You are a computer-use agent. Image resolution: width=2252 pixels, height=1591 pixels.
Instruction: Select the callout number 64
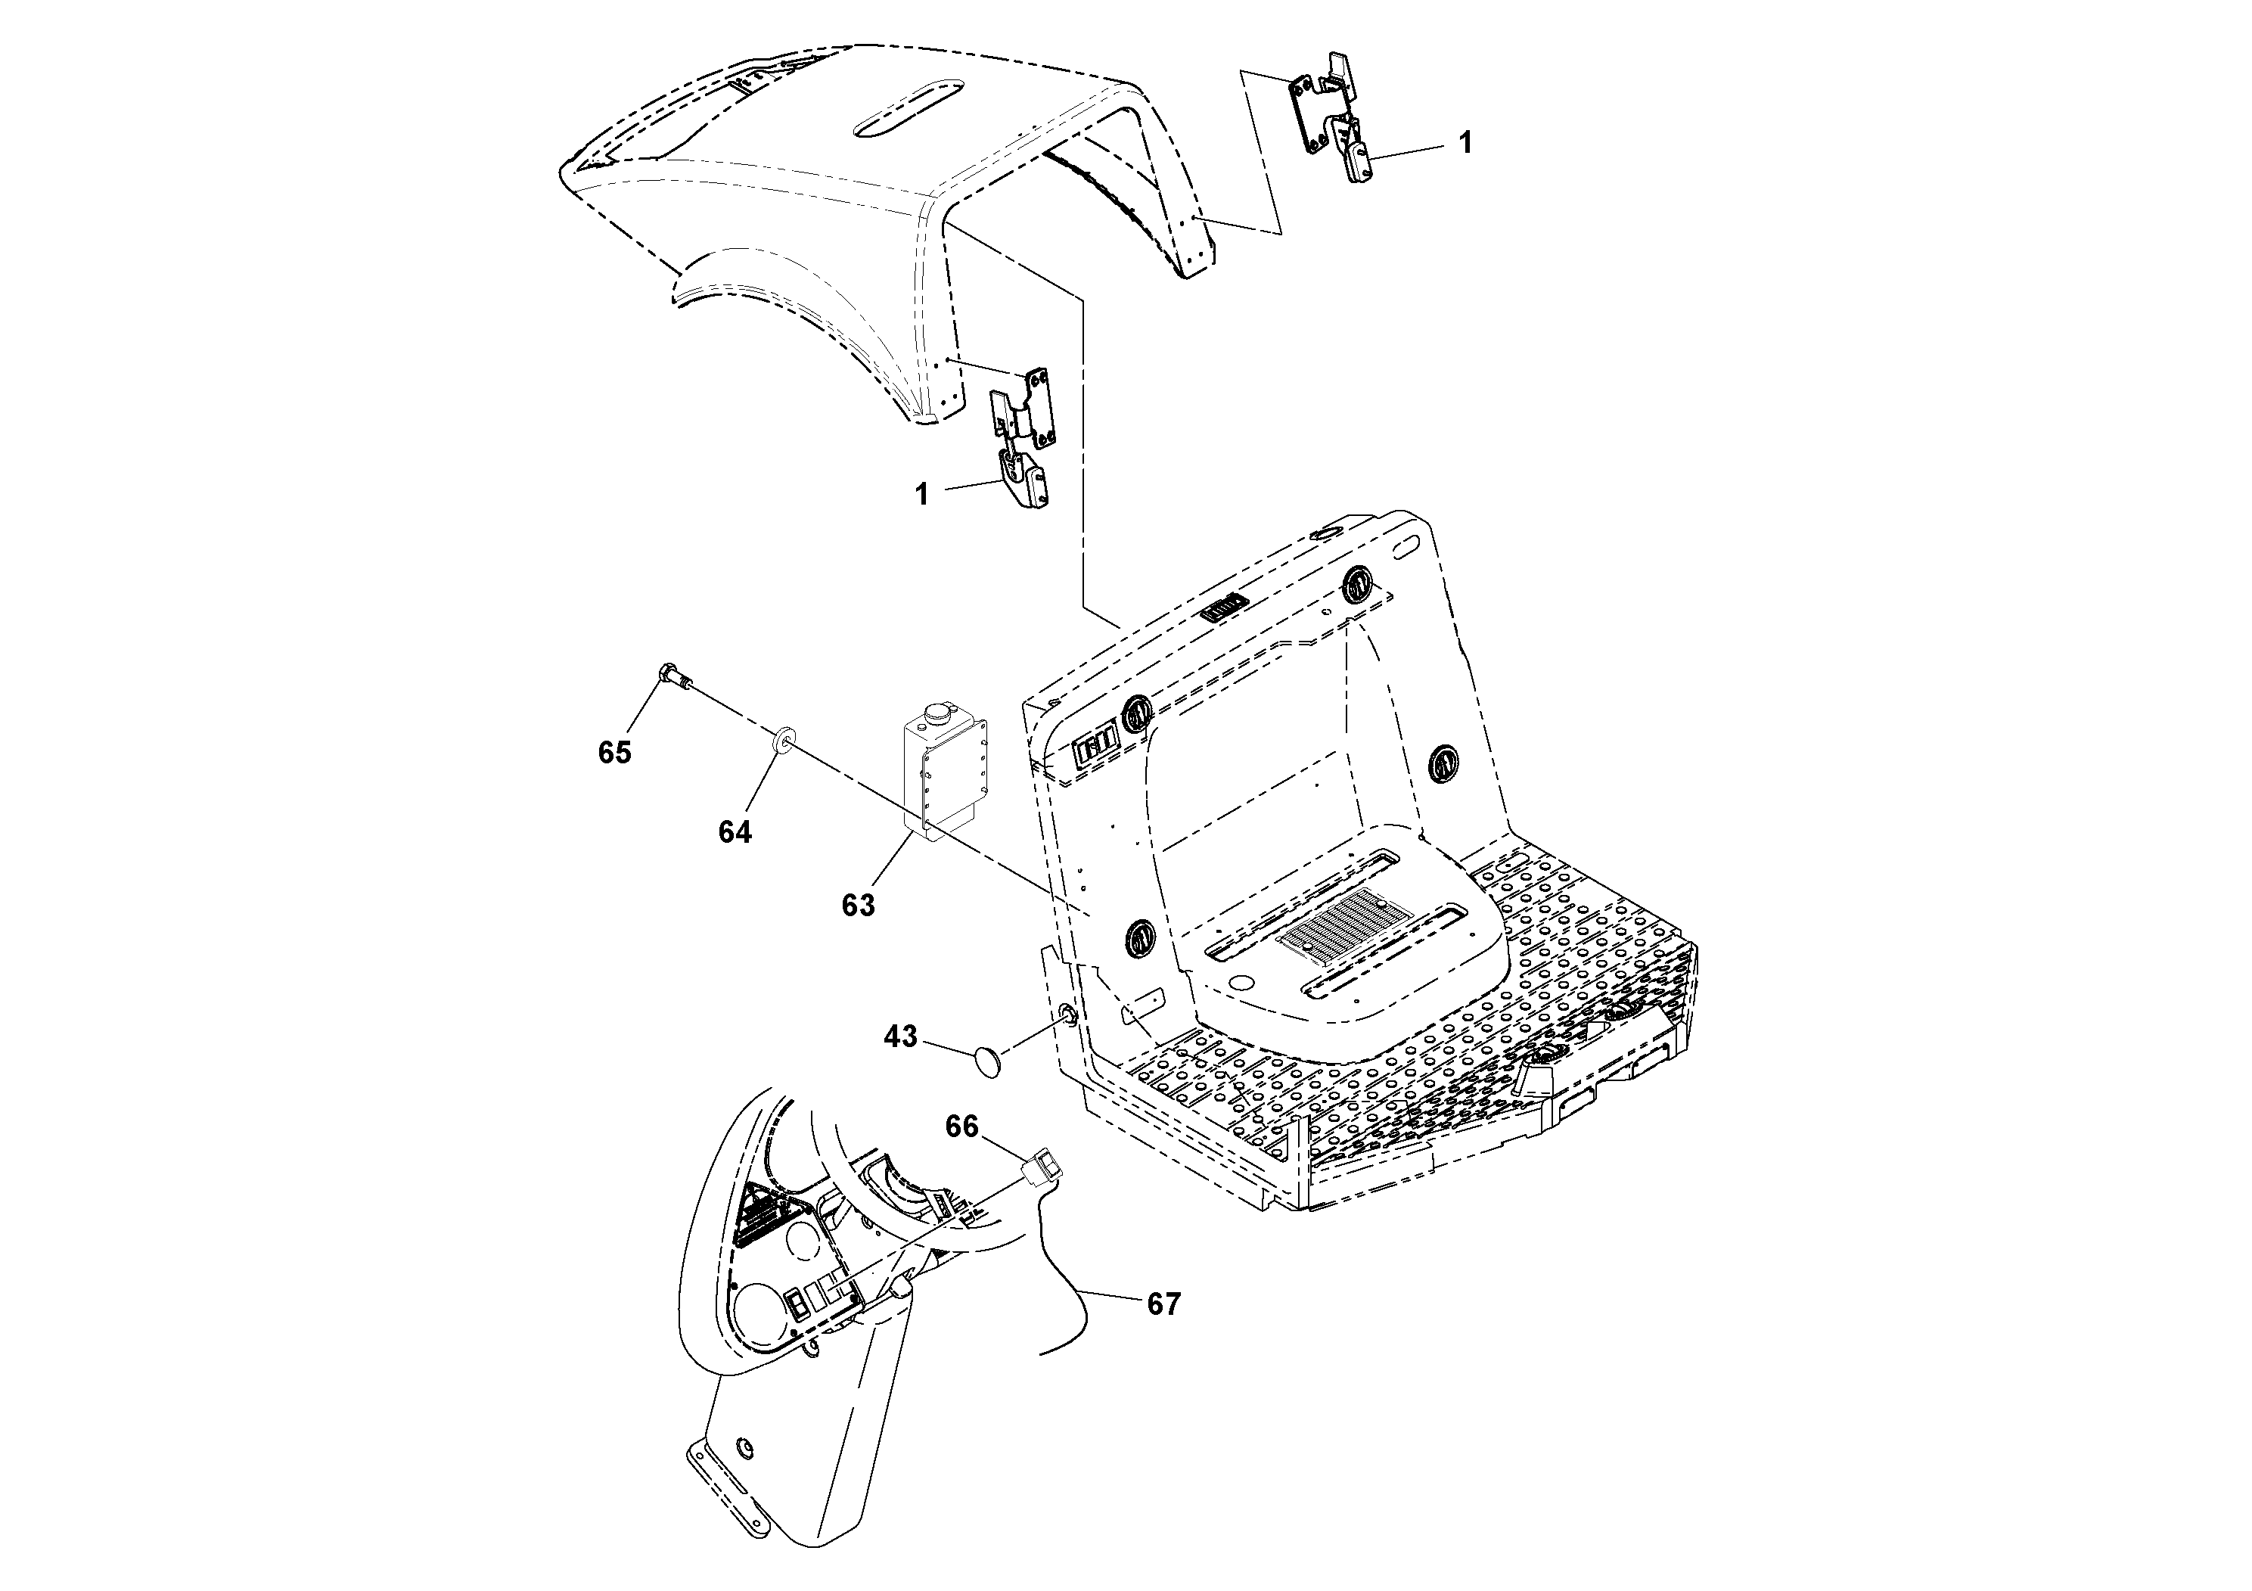(x=735, y=831)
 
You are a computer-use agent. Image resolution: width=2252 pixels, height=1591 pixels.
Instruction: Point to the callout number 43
(x=900, y=1036)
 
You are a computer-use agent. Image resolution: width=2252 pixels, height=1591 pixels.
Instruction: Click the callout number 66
(x=961, y=1127)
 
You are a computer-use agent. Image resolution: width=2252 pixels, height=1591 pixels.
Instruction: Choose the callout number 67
(x=1163, y=1304)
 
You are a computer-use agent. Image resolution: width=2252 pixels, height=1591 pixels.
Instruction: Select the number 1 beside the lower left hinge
(x=921, y=494)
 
